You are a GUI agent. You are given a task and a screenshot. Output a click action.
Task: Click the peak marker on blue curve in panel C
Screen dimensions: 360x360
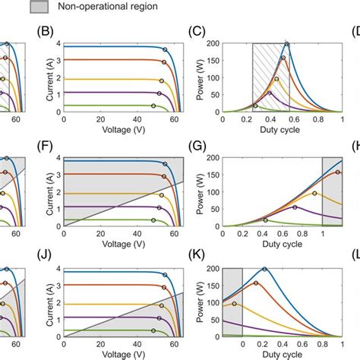(286, 44)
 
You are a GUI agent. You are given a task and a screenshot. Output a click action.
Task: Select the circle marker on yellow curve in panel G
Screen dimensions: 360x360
(314, 194)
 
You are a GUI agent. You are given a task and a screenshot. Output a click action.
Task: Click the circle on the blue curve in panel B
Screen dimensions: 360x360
(165, 49)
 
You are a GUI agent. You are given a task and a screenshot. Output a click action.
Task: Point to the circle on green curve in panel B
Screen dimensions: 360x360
(153, 106)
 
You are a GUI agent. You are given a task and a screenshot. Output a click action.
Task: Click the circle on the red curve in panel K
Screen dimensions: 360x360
(256, 283)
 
